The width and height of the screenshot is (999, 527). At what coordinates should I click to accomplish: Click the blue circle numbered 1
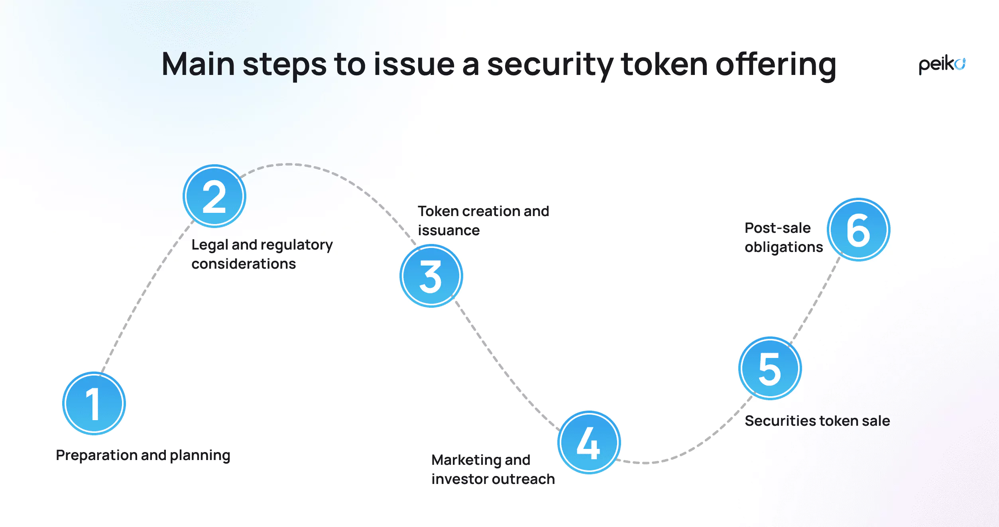tap(94, 403)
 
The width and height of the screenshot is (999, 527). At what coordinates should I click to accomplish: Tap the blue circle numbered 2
tap(214, 196)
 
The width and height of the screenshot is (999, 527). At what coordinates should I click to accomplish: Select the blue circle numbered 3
tap(431, 276)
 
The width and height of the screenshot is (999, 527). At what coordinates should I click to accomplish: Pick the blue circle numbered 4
tap(589, 442)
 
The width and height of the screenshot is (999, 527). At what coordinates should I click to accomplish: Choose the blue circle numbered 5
tap(770, 368)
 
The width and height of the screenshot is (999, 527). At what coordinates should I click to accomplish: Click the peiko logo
tap(942, 65)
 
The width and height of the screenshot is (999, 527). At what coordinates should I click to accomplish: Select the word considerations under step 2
tap(244, 264)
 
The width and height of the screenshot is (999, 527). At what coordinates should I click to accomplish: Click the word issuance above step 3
tap(448, 230)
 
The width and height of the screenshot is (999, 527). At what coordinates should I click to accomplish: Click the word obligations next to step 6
tap(783, 247)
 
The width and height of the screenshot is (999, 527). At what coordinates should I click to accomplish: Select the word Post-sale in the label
tap(777, 228)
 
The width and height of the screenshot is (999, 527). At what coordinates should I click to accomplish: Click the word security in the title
tap(550, 65)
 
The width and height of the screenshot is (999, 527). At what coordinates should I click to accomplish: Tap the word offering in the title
tap(776, 65)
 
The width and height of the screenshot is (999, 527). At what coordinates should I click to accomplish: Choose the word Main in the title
tap(198, 65)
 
